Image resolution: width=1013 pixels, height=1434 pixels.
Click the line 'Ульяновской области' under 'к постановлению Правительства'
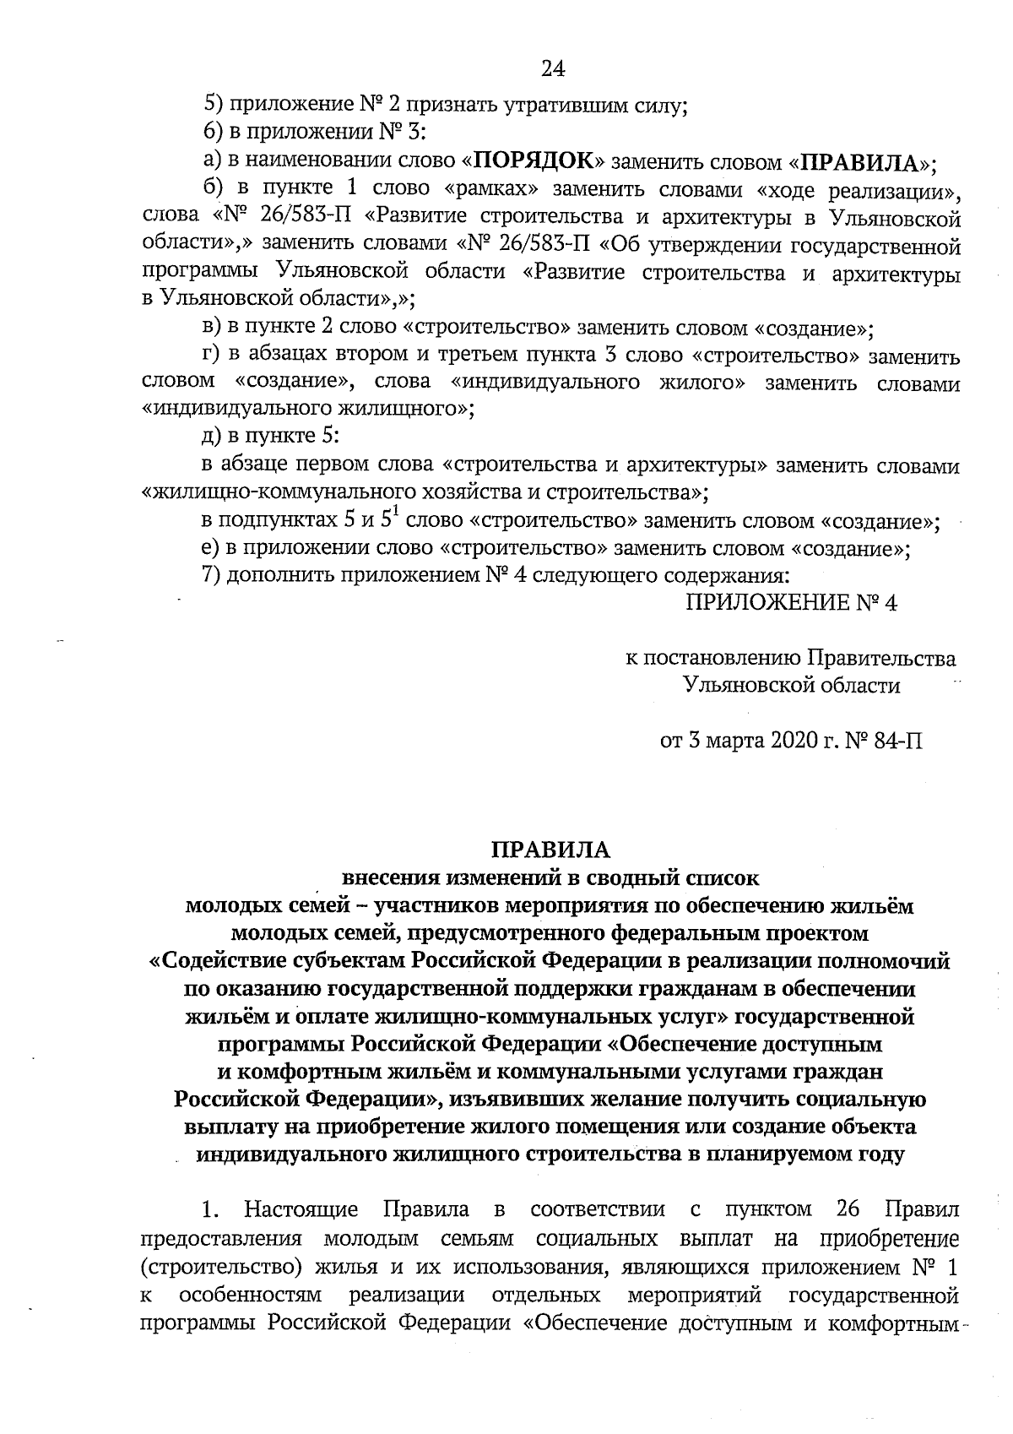pos(792,685)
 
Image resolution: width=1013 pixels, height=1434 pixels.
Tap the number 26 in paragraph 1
pos(848,1211)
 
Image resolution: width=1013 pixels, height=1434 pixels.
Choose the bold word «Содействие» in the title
pos(223,961)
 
